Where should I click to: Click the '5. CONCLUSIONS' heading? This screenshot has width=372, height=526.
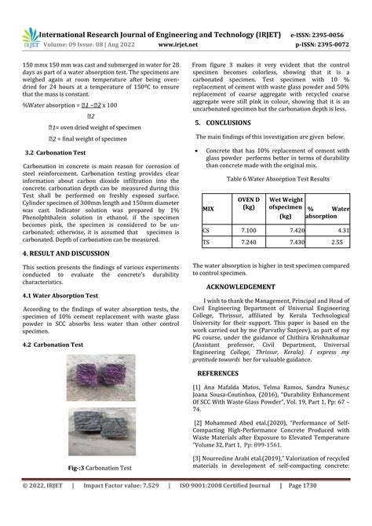(224, 123)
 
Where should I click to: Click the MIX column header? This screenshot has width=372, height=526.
(208, 209)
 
